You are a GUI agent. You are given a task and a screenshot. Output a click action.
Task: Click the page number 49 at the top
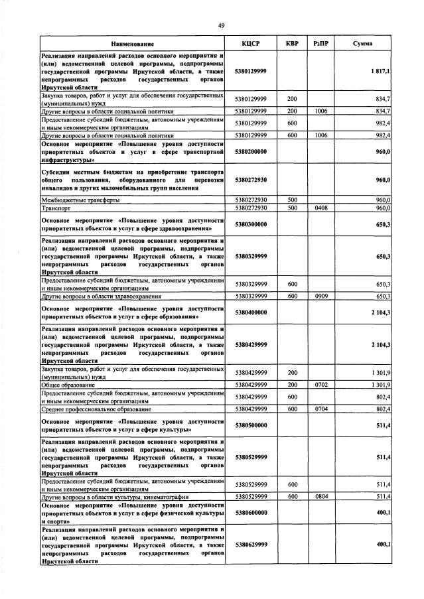(x=222, y=25)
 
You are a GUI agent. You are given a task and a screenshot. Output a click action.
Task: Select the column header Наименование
(x=132, y=44)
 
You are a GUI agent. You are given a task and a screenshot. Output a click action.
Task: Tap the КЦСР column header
(x=251, y=44)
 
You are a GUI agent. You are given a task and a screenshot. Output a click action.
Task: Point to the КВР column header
(x=292, y=44)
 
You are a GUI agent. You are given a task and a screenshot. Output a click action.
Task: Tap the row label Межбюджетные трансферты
(x=80, y=199)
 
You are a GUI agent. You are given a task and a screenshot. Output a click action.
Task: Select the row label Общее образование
(x=70, y=384)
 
